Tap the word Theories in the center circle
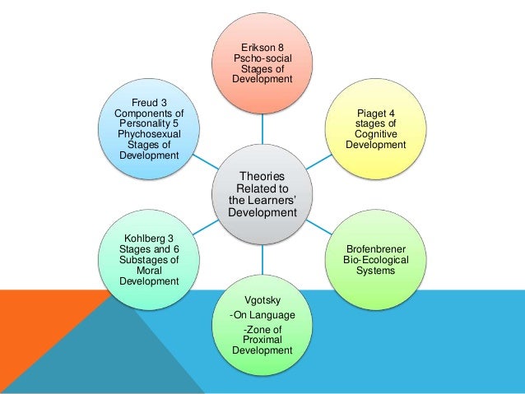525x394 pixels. pyautogui.click(x=262, y=176)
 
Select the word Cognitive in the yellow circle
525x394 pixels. pyautogui.click(x=375, y=134)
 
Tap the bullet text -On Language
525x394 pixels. pyautogui.click(x=262, y=315)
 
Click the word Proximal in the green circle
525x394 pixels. pyautogui.click(x=262, y=339)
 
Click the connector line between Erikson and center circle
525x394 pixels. pyautogui.click(x=262, y=123)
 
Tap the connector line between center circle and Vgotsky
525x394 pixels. pyautogui.click(x=262, y=262)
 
